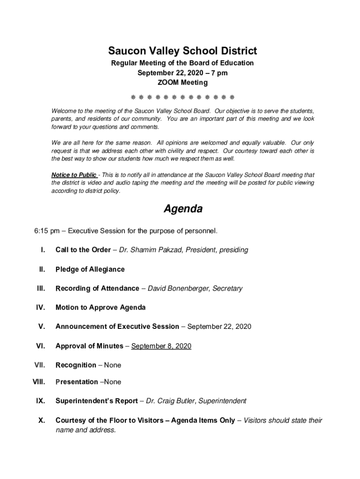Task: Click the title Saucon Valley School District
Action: coord(182,51)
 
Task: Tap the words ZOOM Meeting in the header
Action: coord(182,83)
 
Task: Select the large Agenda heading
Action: coord(183,209)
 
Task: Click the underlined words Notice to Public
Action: coord(74,175)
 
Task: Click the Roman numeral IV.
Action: coord(40,307)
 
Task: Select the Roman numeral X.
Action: coord(41,420)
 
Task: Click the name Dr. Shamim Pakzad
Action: coord(151,250)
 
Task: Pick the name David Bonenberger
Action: coord(178,288)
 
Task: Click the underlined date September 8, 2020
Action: coord(161,346)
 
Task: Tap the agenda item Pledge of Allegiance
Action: coord(90,269)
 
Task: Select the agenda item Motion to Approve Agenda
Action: coord(100,307)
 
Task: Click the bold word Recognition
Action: coord(76,365)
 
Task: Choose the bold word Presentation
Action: coord(77,382)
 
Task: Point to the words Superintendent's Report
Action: coord(96,401)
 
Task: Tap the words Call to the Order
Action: coord(83,250)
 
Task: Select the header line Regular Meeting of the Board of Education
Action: coord(182,63)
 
